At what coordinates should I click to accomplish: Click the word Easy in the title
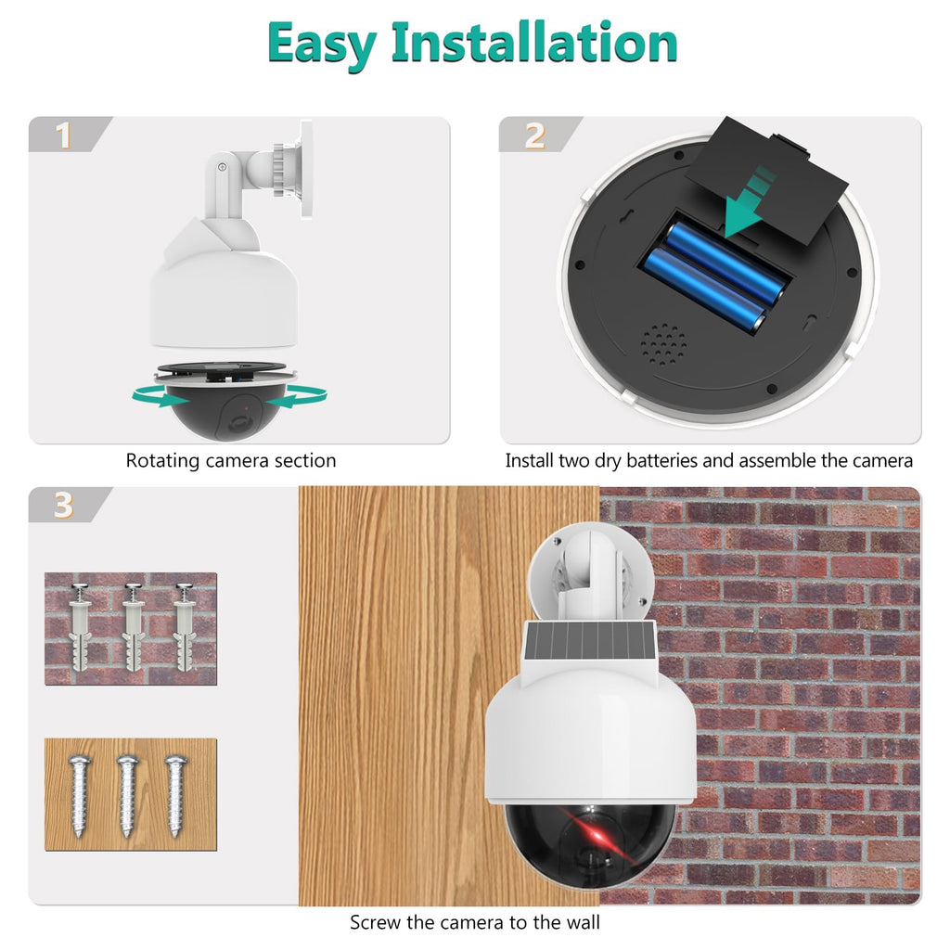click(321, 45)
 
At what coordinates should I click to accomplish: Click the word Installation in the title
click(533, 43)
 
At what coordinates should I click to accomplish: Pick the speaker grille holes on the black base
click(663, 344)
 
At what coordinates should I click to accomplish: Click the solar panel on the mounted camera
click(587, 644)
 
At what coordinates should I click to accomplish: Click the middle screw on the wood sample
click(127, 795)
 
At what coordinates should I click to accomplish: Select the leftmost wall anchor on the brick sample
click(80, 626)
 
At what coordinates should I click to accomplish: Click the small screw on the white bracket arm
click(223, 167)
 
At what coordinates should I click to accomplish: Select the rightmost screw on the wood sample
click(175, 795)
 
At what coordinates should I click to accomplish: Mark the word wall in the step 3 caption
click(583, 922)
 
